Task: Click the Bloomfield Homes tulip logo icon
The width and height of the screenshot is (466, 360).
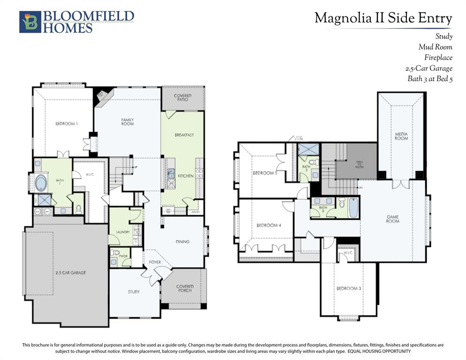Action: tap(30, 22)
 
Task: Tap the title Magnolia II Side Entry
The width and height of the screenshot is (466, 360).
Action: tap(383, 18)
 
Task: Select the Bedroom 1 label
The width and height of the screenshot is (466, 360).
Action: tap(67, 123)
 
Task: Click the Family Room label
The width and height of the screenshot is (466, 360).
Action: tap(127, 122)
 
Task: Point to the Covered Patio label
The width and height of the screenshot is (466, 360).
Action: tap(182, 97)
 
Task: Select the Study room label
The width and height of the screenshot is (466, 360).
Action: tap(134, 292)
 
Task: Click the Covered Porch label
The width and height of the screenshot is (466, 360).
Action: tap(185, 288)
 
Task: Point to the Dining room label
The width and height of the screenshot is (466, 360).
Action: tap(182, 242)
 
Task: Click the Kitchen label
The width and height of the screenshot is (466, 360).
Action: tap(185, 176)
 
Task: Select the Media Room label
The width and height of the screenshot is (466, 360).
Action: tap(401, 136)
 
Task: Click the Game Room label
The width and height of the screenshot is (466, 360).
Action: tap(392, 218)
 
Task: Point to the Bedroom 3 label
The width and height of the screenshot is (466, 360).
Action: tap(348, 288)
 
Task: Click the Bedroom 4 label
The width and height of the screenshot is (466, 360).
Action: tap(269, 225)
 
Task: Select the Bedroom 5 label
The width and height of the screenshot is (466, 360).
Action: tap(265, 173)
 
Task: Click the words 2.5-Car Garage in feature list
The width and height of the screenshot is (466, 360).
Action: tap(428, 68)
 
